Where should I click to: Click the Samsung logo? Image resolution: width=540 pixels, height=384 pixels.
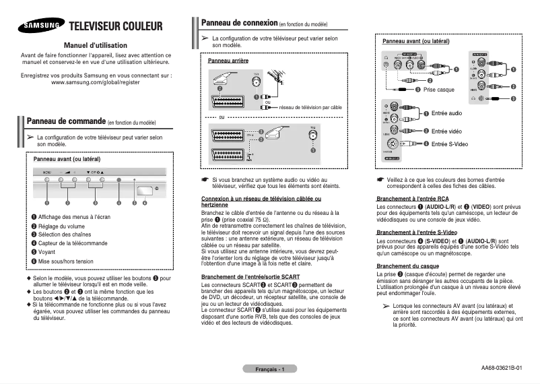click(41, 27)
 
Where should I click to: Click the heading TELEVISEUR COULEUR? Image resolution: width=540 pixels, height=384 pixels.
click(116, 27)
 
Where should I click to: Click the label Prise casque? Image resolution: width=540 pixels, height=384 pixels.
click(439, 90)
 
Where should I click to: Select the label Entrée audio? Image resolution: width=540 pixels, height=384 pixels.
click(446, 113)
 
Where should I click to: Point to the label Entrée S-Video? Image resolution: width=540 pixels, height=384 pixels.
click(450, 144)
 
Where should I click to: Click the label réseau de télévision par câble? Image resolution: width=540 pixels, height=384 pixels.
click(310, 107)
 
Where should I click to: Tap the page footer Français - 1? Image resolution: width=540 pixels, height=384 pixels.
click(270, 370)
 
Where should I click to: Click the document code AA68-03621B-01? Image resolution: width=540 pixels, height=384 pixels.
click(502, 368)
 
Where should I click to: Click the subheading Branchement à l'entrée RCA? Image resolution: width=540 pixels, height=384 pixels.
click(413, 199)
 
